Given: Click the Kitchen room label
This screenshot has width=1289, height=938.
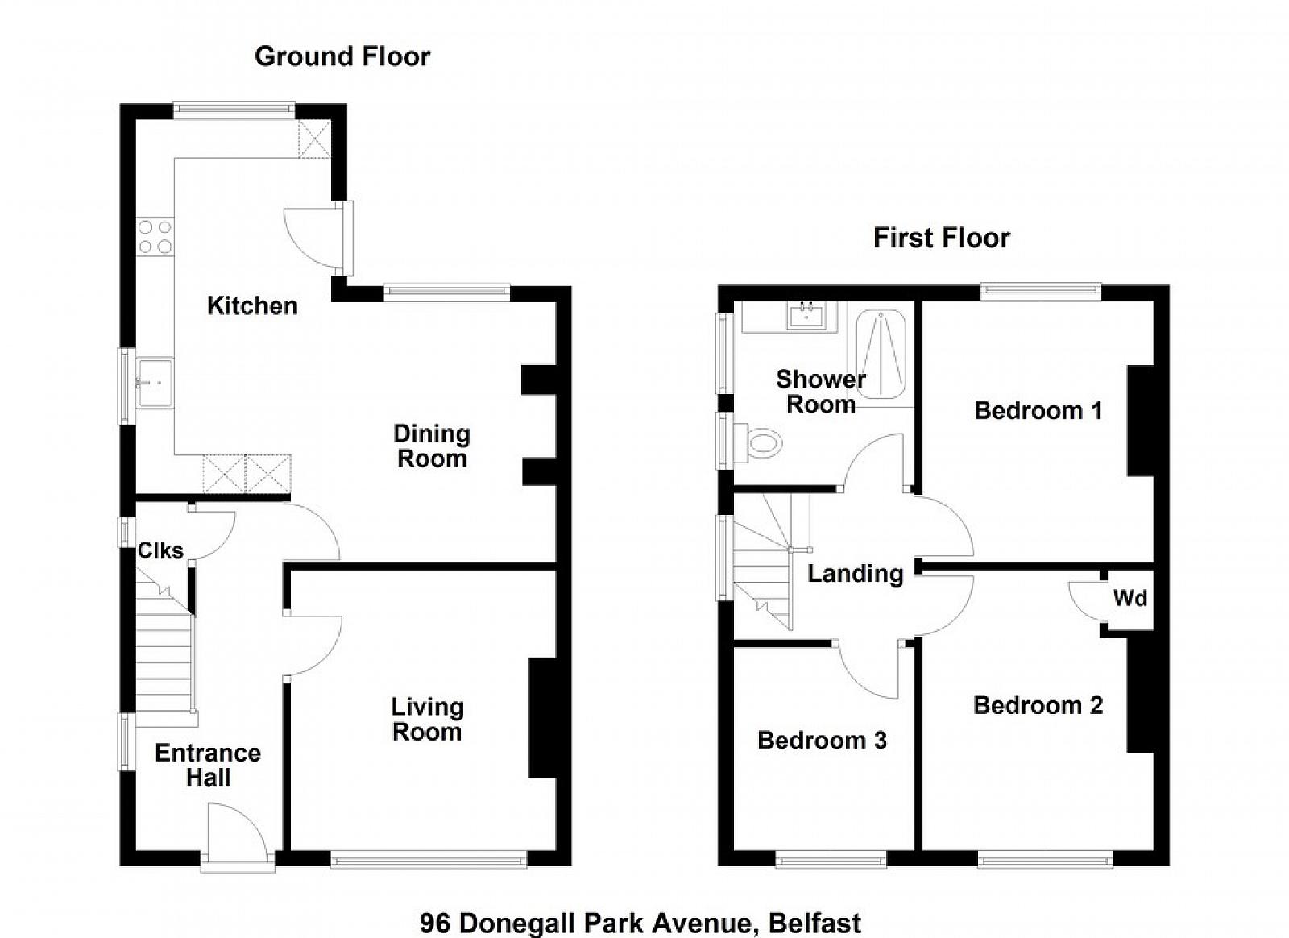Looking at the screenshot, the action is pyautogui.click(x=253, y=305).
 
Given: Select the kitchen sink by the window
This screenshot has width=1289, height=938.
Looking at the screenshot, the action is pyautogui.click(x=154, y=383).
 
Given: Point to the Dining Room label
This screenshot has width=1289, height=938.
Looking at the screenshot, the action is pyautogui.click(x=432, y=446).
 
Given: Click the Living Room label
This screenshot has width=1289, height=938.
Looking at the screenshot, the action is pyautogui.click(x=427, y=720).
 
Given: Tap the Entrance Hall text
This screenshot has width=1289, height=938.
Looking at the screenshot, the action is pyautogui.click(x=208, y=765).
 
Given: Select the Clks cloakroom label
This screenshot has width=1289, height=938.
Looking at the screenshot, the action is pyautogui.click(x=160, y=550).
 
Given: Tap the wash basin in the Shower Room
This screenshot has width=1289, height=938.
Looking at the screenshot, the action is pyautogui.click(x=806, y=316).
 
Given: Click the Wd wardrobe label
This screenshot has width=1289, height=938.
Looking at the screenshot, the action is pyautogui.click(x=1130, y=598).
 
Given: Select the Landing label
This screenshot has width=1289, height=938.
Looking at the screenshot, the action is pyautogui.click(x=856, y=574).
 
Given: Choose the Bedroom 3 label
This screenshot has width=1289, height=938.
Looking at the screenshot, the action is pyautogui.click(x=822, y=740).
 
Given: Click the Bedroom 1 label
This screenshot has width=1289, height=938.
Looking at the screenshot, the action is pyautogui.click(x=1038, y=410).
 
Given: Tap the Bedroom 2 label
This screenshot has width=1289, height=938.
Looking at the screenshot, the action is pyautogui.click(x=1038, y=705).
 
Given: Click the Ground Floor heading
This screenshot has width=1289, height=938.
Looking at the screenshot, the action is pyautogui.click(x=342, y=56).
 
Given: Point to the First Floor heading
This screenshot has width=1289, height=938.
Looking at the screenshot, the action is pyautogui.click(x=942, y=238).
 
